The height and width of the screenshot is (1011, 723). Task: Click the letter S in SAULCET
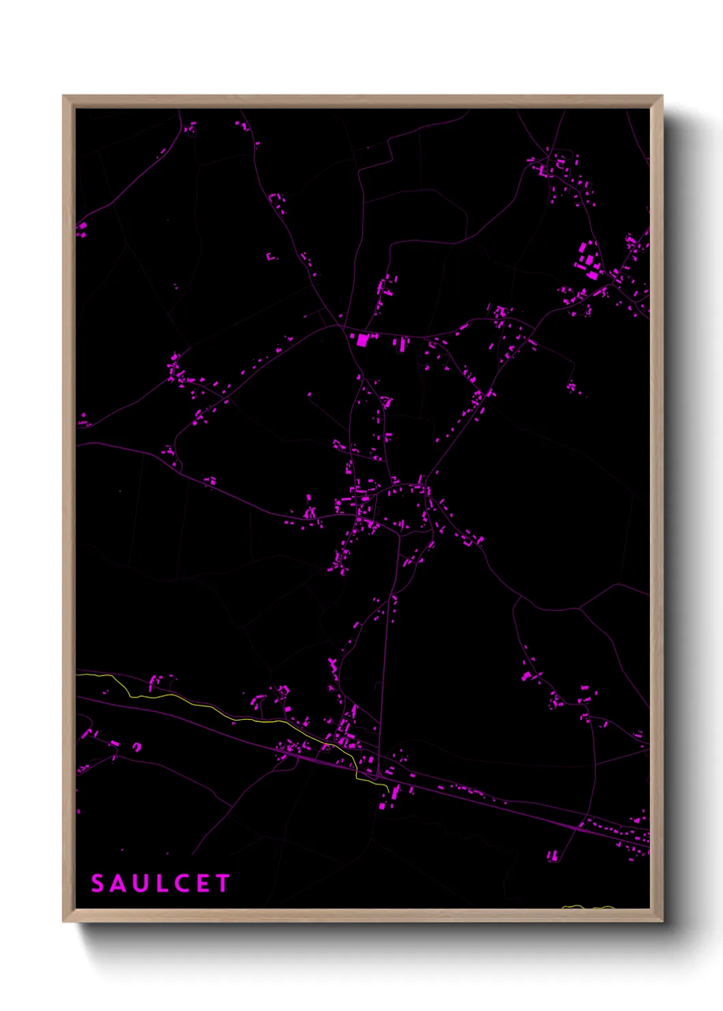(98, 883)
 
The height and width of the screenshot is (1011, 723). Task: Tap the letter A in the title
(119, 883)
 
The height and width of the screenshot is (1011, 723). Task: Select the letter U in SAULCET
(140, 883)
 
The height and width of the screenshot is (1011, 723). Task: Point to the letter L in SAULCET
(160, 883)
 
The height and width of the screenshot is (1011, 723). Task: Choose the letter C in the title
(180, 883)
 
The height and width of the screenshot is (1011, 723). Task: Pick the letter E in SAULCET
(202, 883)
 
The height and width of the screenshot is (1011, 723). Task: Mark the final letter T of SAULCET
(222, 883)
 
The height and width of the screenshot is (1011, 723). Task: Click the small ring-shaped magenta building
(137, 747)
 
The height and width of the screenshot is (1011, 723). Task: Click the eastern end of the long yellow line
(388, 791)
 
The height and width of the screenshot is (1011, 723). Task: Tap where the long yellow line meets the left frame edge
(77, 674)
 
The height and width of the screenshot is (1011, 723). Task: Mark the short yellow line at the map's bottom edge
(588, 907)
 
